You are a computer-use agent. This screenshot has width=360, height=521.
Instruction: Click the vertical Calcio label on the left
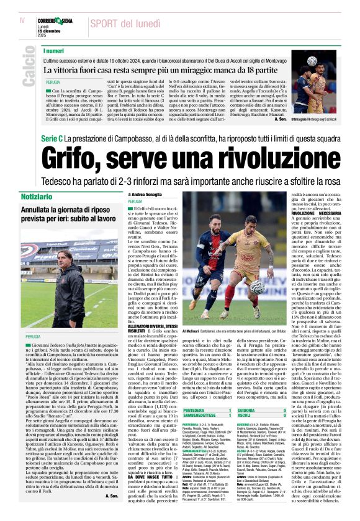coord(28,69)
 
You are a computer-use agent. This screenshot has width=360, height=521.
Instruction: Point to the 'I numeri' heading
coord(54,50)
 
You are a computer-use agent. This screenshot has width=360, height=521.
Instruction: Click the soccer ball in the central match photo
coord(257,287)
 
